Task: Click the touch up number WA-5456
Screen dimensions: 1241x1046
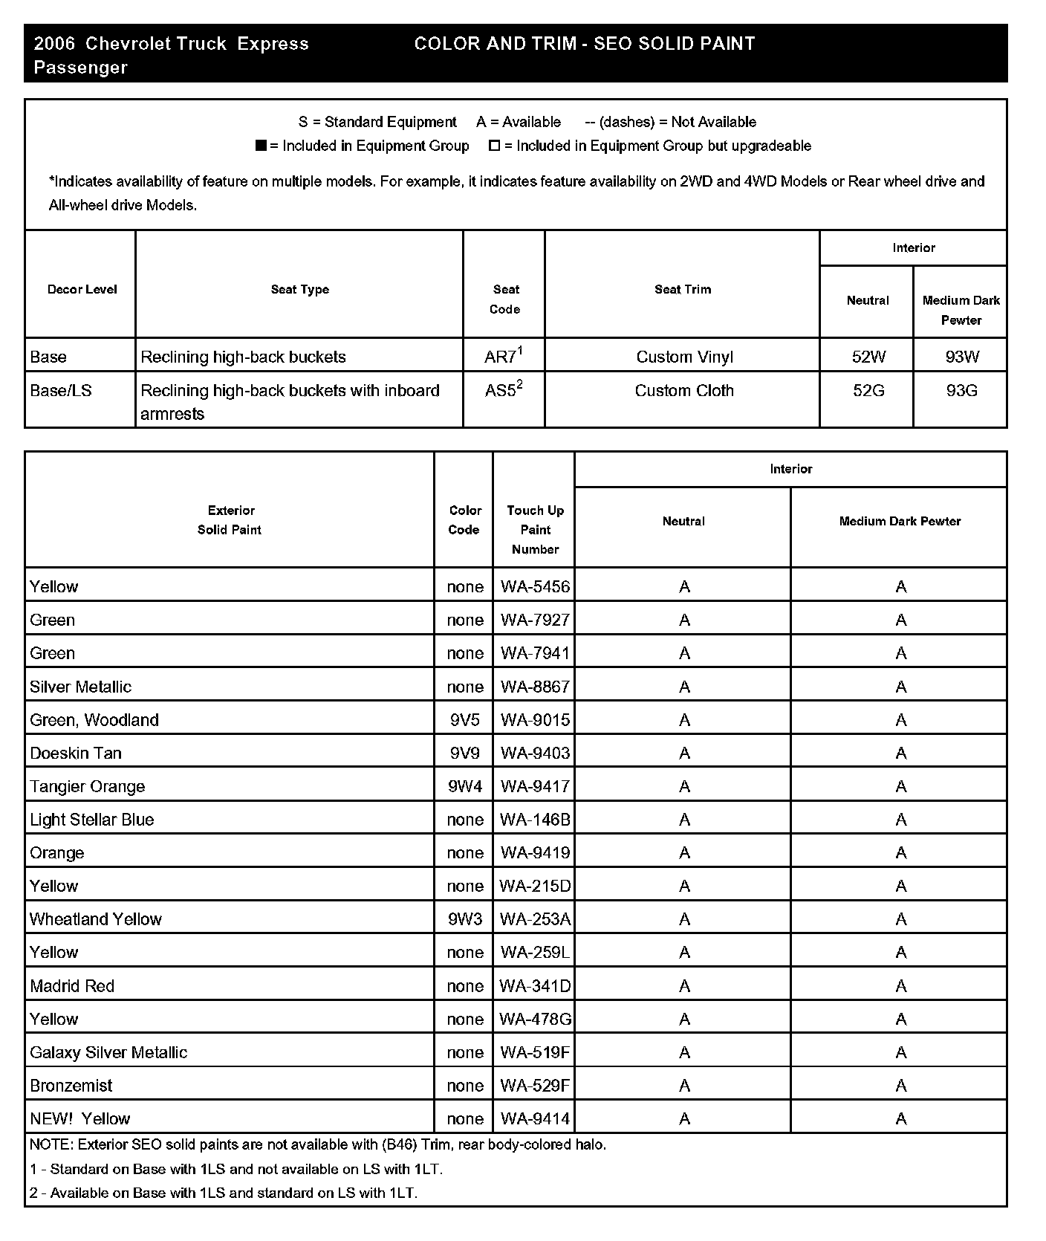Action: [x=535, y=587]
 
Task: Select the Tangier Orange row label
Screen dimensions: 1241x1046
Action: [x=88, y=786]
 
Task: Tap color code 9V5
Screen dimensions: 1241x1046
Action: [x=465, y=720]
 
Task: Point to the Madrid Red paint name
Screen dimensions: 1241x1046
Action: [x=72, y=986]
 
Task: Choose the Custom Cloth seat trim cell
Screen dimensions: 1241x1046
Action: [x=683, y=391]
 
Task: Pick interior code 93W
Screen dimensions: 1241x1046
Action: [x=962, y=357]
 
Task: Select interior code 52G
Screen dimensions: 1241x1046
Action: [x=868, y=391]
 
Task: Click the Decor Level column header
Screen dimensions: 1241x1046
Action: [x=82, y=290]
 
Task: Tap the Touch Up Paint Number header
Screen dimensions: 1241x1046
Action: [x=535, y=530]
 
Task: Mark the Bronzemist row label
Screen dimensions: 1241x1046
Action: [x=71, y=1086]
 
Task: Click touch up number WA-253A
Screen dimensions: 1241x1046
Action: [x=535, y=919]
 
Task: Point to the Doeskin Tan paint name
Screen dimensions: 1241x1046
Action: [x=76, y=754]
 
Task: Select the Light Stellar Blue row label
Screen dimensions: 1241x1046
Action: [x=92, y=820]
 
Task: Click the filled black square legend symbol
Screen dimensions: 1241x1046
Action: [x=261, y=146]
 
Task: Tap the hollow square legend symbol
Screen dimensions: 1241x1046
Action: [x=494, y=146]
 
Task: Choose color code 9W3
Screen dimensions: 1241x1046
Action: [x=465, y=919]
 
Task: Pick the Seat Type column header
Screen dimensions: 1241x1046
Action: [x=299, y=290]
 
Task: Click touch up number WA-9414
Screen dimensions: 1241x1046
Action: [x=535, y=1119]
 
